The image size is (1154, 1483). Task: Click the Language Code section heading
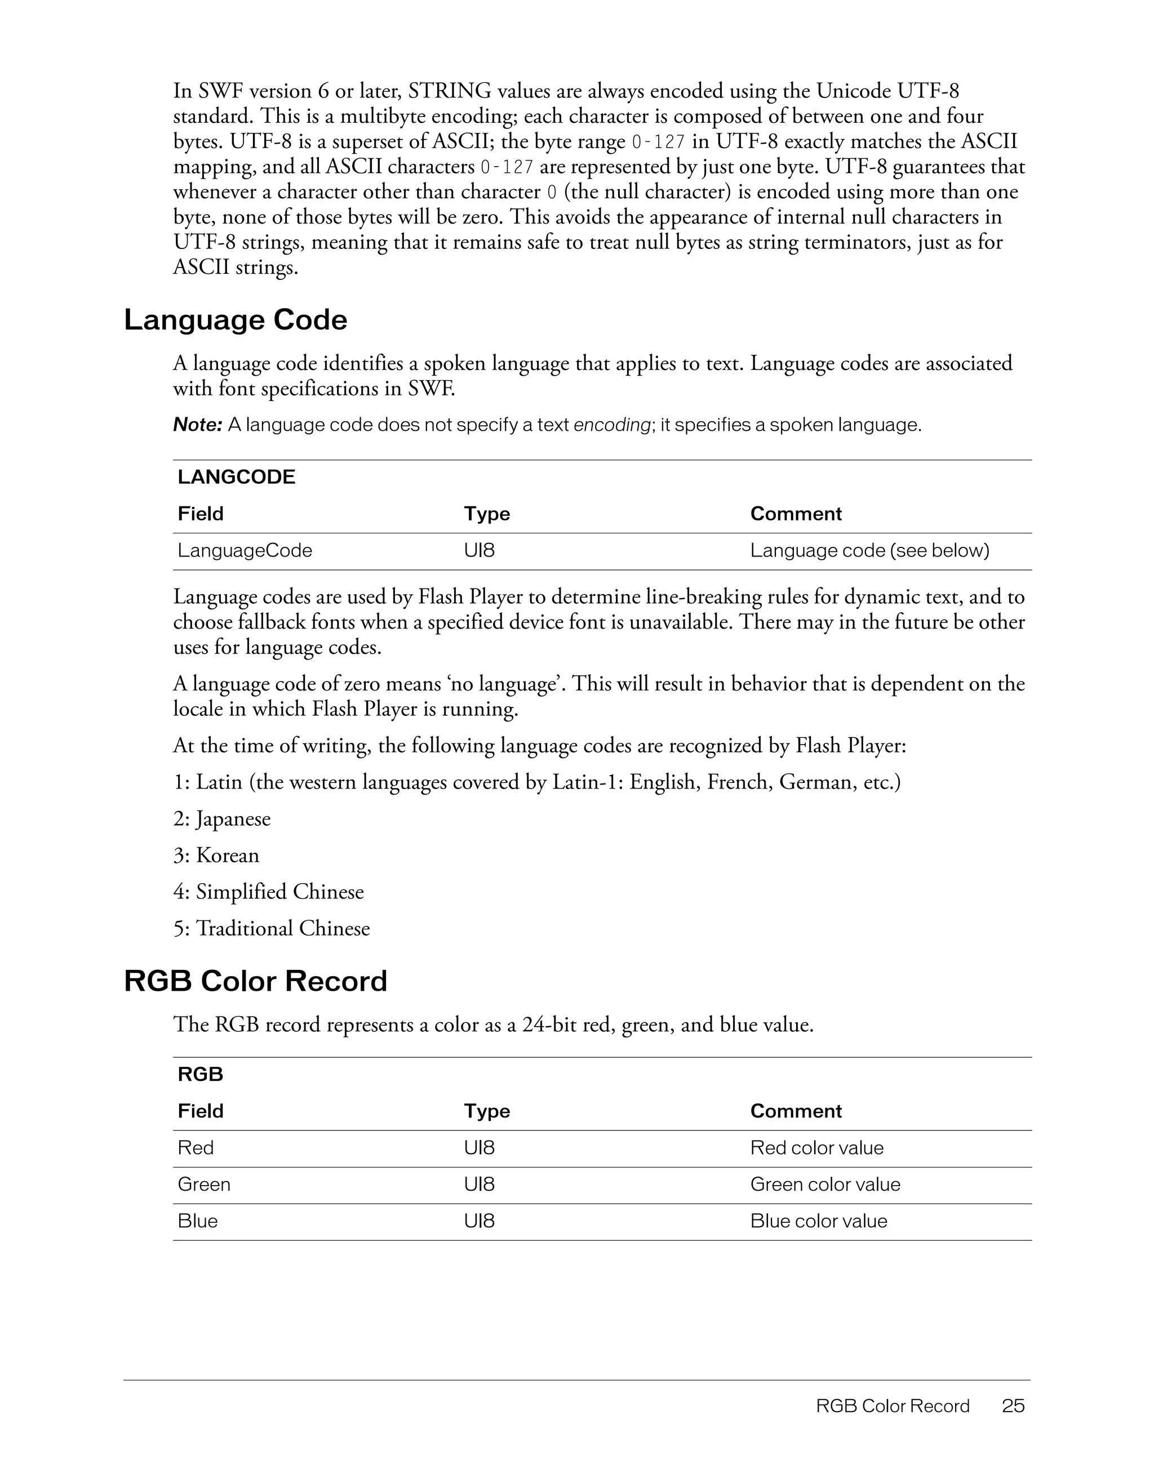235,320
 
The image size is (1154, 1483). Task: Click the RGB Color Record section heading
255,981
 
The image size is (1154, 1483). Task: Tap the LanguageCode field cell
245,550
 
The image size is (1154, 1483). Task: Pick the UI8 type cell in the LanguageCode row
479,550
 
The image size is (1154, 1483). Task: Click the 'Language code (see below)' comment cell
869,550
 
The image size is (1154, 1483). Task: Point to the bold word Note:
198,425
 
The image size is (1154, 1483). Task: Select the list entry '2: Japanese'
221,819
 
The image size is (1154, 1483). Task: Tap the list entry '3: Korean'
216,855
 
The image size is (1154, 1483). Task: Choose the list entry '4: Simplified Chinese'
268,892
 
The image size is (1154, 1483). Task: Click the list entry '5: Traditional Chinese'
271,928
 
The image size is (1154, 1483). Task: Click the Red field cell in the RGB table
196,1147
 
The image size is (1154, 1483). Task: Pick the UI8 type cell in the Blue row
479,1221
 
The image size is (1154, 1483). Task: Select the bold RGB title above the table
201,1074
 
